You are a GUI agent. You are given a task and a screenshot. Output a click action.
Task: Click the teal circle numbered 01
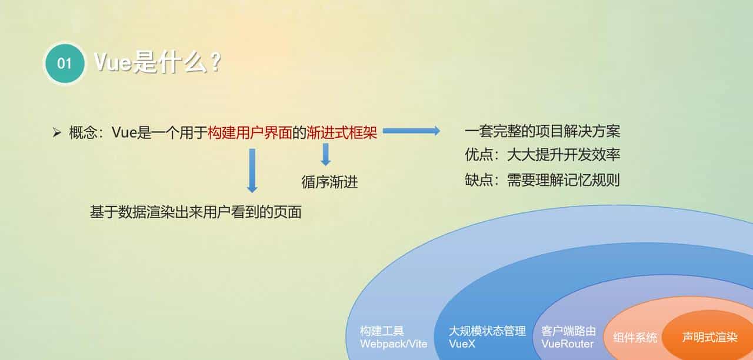[x=64, y=63]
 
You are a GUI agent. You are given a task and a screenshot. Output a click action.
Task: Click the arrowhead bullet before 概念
[x=57, y=133]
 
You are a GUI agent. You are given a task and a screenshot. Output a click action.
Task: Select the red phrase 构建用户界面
[x=249, y=133]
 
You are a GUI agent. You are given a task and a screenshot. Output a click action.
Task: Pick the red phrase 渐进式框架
[x=342, y=133]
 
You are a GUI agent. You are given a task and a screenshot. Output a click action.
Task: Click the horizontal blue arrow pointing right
[x=411, y=131]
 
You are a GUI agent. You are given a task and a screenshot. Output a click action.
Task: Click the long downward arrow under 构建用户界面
[x=252, y=170]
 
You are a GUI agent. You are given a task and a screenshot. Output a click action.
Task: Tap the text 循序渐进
[x=329, y=182]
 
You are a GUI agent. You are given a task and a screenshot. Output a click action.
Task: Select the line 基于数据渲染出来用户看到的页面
[x=195, y=212]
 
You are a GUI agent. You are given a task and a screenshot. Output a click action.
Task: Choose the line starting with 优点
[x=542, y=155]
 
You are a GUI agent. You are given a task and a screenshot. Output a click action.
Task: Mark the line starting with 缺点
[x=542, y=180]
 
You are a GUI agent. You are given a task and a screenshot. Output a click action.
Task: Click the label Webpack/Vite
[x=394, y=344]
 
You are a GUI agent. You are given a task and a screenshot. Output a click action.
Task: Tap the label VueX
[x=462, y=344]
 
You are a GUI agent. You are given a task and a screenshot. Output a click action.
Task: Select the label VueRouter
[x=568, y=344]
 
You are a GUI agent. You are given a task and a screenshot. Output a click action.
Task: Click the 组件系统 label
[x=635, y=338]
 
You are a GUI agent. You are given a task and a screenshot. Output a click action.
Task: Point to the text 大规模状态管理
[x=487, y=331]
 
